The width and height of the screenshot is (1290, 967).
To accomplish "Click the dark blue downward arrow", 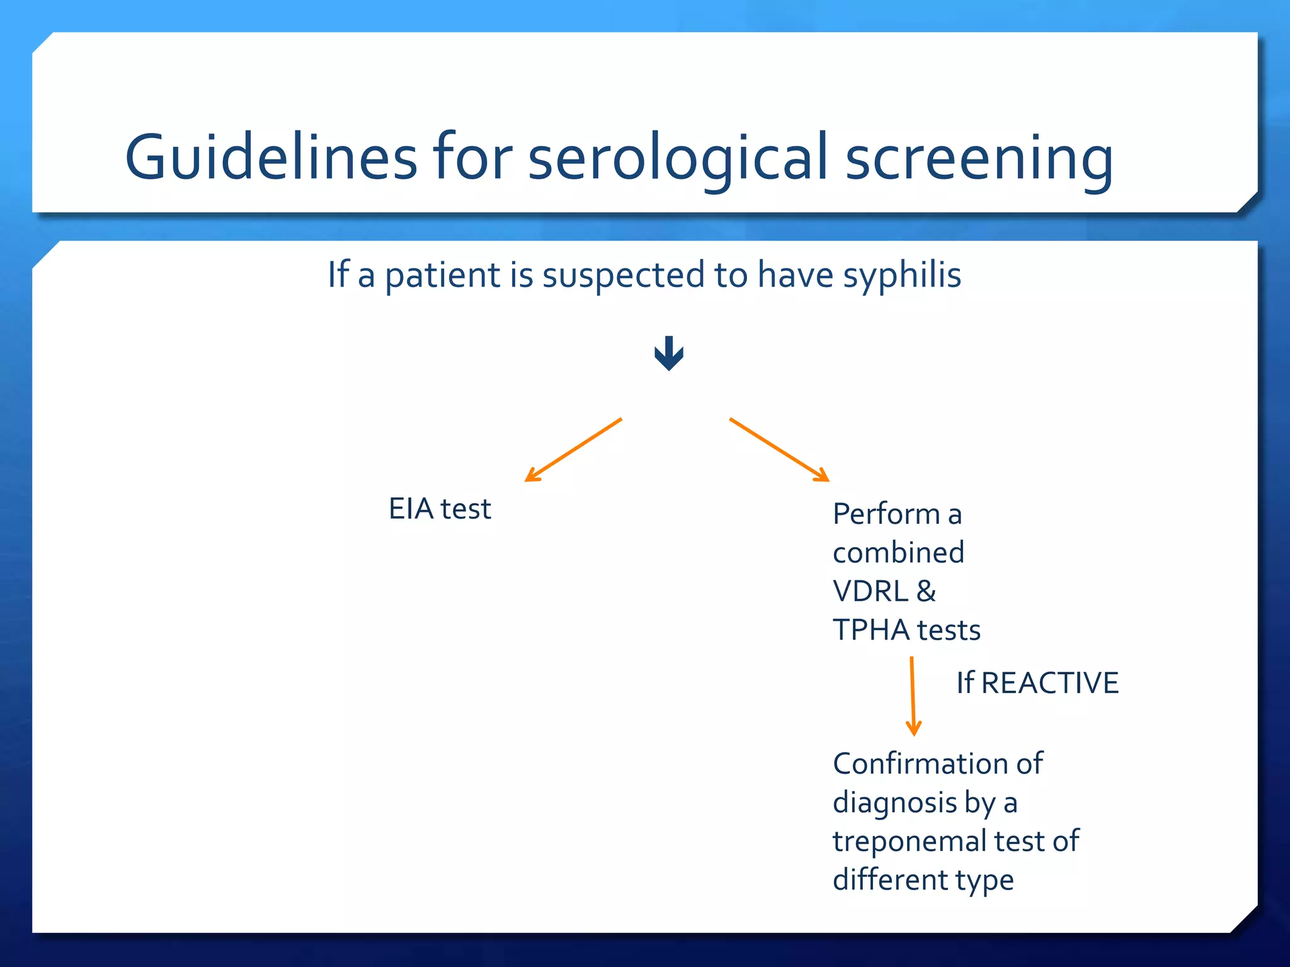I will (x=669, y=353).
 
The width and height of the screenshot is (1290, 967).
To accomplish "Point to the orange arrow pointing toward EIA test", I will (x=573, y=450).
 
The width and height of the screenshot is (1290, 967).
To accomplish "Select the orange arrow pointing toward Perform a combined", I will (x=779, y=450).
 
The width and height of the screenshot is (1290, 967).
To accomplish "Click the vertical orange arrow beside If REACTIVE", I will (x=913, y=696).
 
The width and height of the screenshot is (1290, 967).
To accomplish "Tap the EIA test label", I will (x=440, y=509).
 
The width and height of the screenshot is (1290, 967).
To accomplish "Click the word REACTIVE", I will (x=1050, y=683).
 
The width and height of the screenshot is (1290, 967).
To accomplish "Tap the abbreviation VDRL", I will (x=870, y=591).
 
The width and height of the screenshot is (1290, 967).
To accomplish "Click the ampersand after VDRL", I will (x=926, y=591).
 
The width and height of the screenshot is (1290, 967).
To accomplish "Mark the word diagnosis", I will (x=894, y=803).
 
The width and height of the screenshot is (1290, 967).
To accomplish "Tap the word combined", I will (x=898, y=553).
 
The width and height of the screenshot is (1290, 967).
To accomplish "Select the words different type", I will (x=923, y=880).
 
